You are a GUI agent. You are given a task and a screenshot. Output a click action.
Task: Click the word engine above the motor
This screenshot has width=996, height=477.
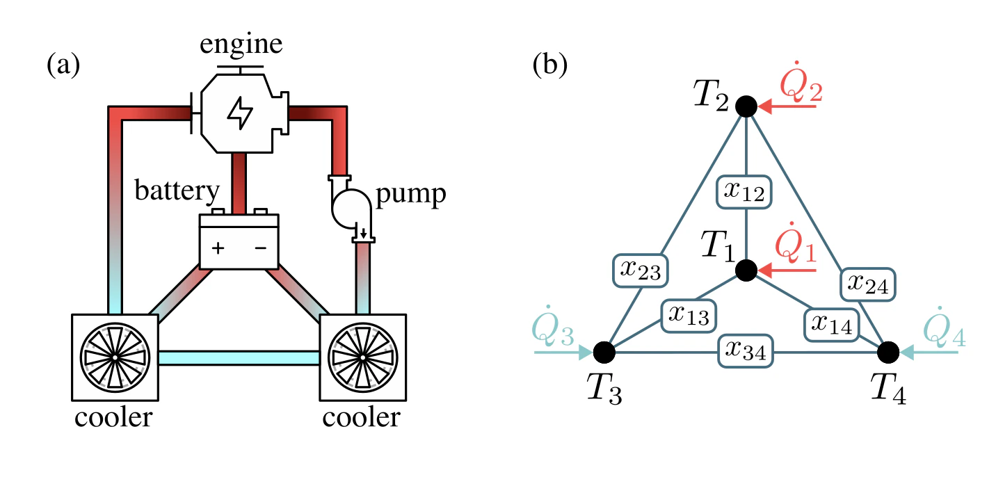point(241,45)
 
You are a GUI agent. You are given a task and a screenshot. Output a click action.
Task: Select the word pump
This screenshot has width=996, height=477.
point(410,196)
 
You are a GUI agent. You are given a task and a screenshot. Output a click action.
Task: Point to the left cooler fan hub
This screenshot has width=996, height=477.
point(115,357)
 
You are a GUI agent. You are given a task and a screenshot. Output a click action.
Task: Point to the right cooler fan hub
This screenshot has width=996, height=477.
point(362,357)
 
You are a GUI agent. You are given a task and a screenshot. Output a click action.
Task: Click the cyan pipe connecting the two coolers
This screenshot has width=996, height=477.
point(239,357)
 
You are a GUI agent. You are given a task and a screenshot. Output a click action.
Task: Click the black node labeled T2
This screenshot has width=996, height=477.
point(746,106)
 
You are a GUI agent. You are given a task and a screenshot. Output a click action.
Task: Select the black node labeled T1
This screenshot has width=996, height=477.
point(746,270)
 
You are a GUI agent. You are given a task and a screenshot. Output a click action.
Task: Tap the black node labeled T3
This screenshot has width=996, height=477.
point(604,353)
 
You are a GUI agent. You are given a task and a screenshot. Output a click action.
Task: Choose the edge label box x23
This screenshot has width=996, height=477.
point(641,270)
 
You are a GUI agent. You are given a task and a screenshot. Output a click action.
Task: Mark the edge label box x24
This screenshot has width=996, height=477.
point(867,283)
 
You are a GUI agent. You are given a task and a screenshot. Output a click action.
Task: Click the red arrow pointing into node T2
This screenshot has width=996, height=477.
point(786,107)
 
